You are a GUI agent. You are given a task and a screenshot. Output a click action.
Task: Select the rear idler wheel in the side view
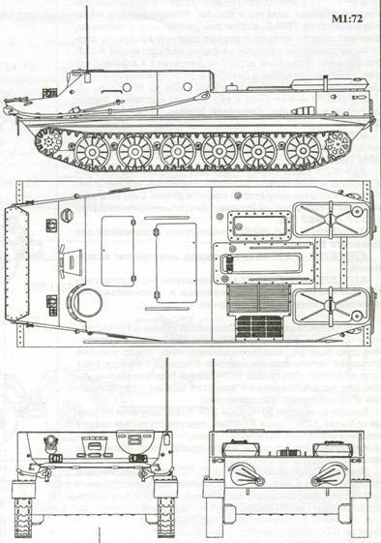click(337, 145)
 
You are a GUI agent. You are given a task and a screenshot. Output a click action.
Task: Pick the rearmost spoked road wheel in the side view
click(303, 150)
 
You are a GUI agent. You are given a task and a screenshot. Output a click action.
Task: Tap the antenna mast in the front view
click(169, 397)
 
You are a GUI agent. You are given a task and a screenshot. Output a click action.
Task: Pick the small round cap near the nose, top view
click(67, 215)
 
